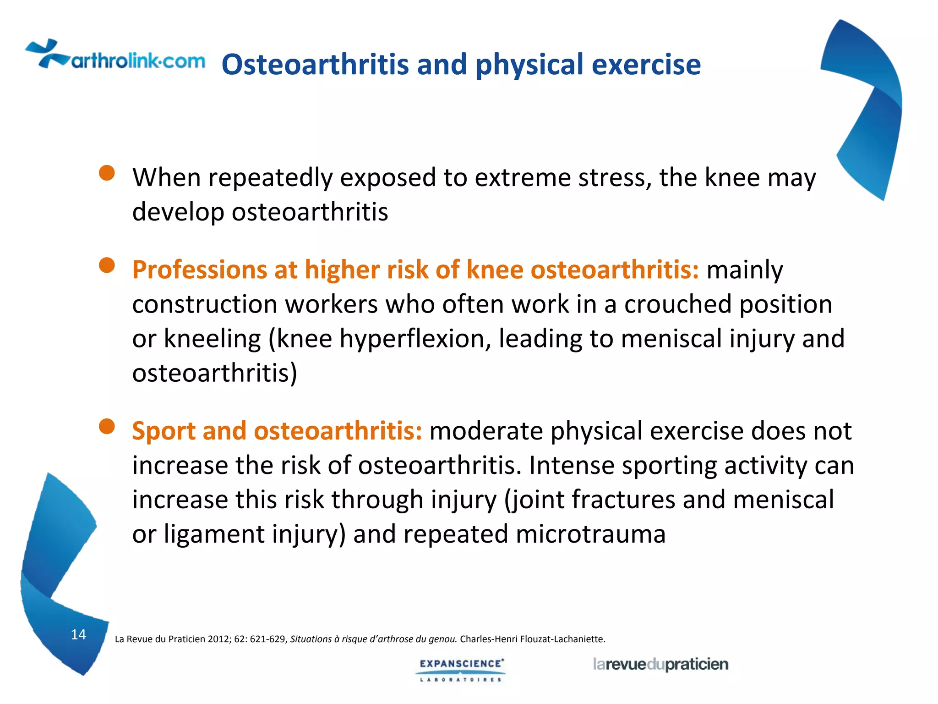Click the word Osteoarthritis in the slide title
pyautogui.click(x=315, y=64)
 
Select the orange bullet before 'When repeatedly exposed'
pyautogui.click(x=107, y=173)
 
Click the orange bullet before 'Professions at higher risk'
pyautogui.click(x=107, y=265)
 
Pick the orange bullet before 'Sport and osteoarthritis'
pyautogui.click(x=107, y=426)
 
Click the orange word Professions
pyautogui.click(x=199, y=270)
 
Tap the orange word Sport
pyautogui.click(x=164, y=431)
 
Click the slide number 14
pyautogui.click(x=78, y=634)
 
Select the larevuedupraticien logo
pyautogui.click(x=660, y=665)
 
